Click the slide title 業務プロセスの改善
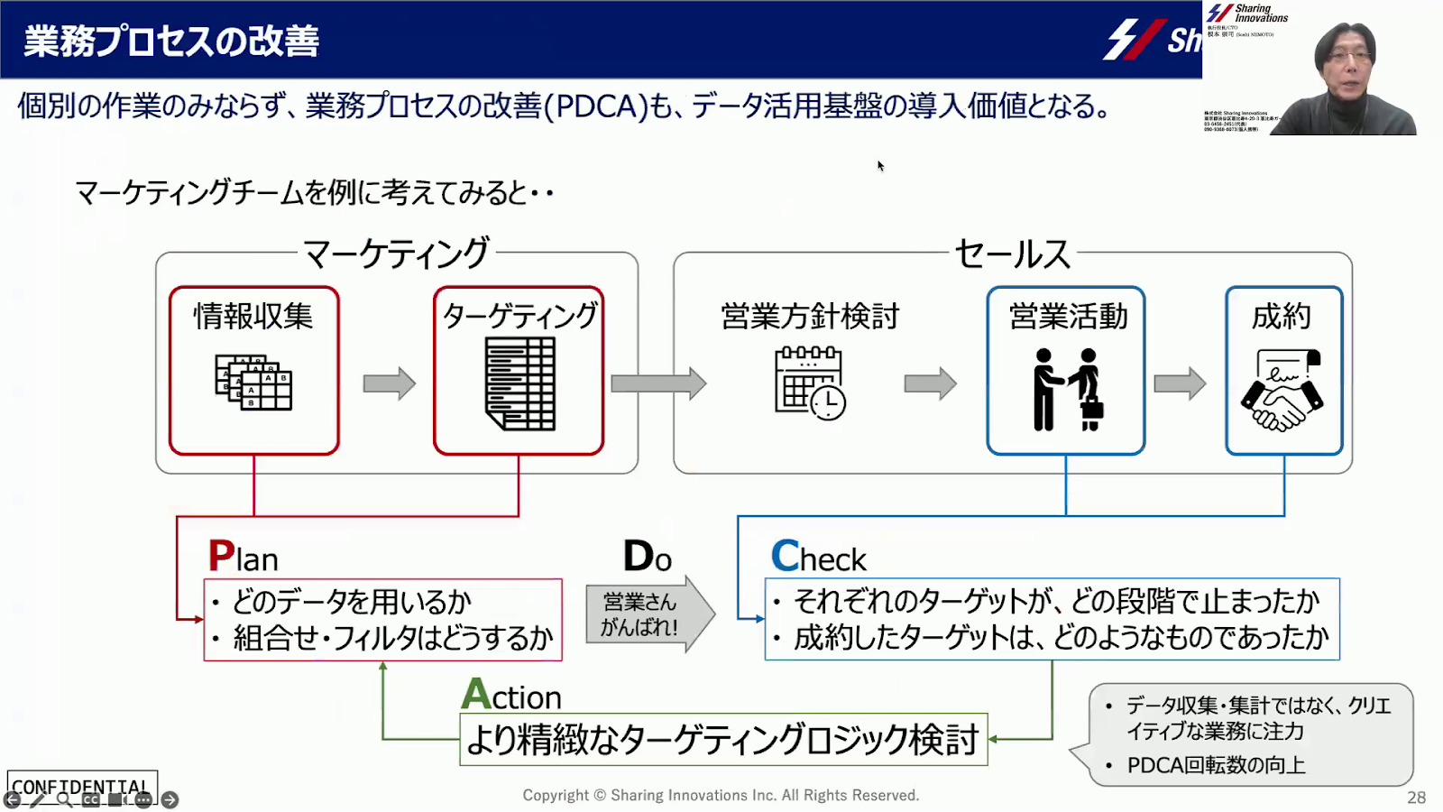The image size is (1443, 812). (x=171, y=42)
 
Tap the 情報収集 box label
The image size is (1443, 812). (x=253, y=316)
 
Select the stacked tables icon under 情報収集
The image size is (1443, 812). (x=253, y=383)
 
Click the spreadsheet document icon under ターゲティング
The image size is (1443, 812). (x=519, y=383)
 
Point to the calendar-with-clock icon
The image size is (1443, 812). (x=809, y=383)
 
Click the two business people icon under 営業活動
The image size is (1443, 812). (x=1067, y=389)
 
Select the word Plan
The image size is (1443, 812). (x=243, y=557)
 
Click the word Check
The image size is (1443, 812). (x=818, y=557)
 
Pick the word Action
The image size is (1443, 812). (x=510, y=695)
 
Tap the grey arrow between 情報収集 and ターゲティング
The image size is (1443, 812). (x=389, y=383)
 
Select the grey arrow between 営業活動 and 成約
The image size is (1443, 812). (x=1180, y=383)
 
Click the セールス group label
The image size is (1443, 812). (x=1012, y=254)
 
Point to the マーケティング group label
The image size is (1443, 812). (x=396, y=254)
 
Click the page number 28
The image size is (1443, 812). (x=1416, y=798)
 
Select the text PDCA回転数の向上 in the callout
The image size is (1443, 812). (x=1216, y=765)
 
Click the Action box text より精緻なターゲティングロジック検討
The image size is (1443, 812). (x=722, y=740)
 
